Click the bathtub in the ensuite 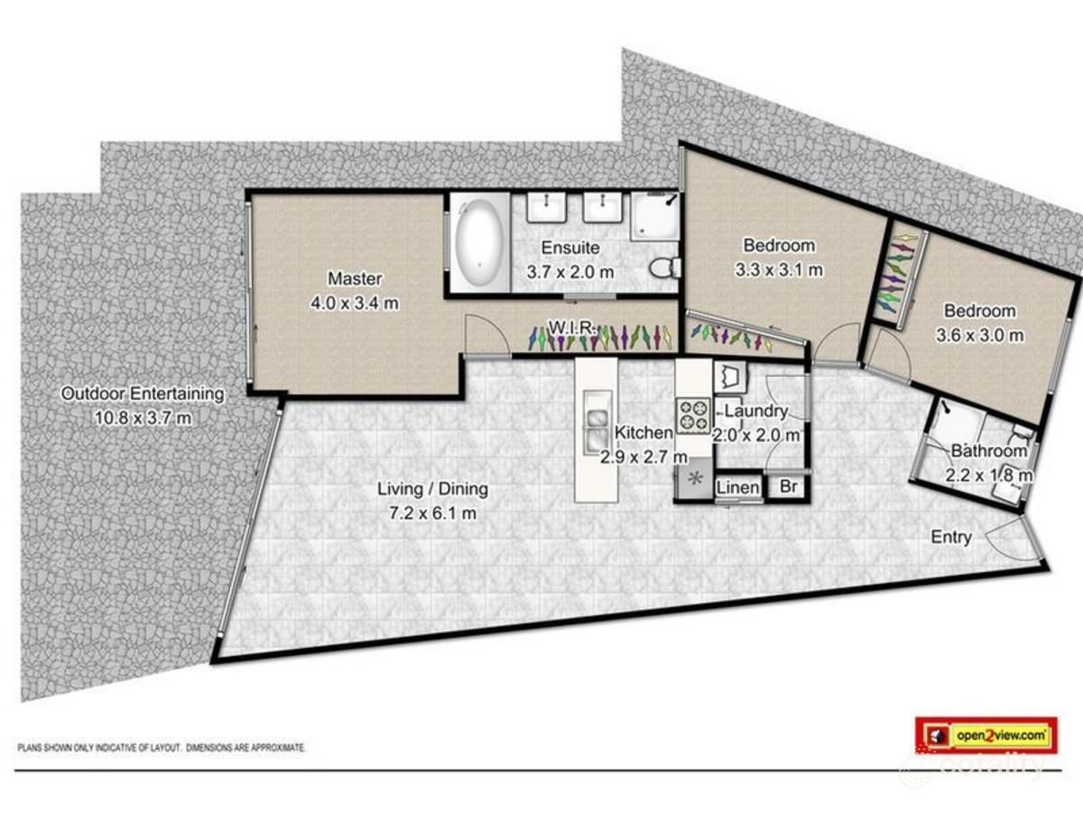[x=479, y=241]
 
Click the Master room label [x=354, y=279]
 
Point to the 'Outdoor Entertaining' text [x=142, y=394]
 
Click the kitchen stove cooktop [x=694, y=416]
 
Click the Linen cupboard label [x=737, y=488]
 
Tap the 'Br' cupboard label [x=788, y=487]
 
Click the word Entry [x=951, y=537]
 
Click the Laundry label [x=756, y=412]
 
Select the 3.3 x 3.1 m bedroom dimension [x=778, y=268]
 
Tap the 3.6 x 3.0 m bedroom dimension [x=980, y=334]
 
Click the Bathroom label [x=988, y=451]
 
